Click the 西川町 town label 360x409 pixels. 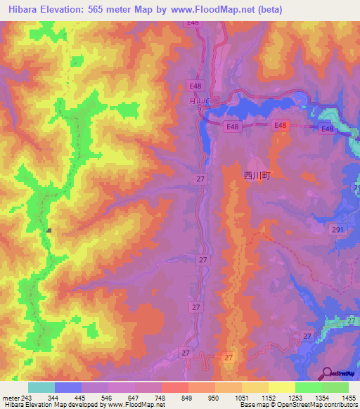pos(257,177)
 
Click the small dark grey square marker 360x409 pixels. pos(49,230)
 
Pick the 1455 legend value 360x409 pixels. pos(348,398)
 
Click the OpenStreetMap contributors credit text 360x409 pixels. pos(314,405)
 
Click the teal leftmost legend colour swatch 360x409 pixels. pos(41,387)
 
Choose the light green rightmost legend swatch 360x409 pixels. pos(335,387)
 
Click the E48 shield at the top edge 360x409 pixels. pos(192,23)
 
